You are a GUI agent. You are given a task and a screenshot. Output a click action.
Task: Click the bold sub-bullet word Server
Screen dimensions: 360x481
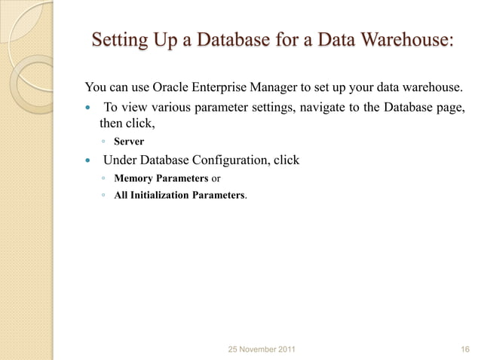(x=129, y=142)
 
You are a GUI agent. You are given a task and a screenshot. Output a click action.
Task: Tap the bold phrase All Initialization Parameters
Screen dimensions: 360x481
(x=179, y=196)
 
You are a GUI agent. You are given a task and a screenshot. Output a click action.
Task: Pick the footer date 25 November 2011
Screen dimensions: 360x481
(x=262, y=349)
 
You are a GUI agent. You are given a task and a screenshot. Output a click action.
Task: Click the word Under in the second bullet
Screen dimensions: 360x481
(x=118, y=160)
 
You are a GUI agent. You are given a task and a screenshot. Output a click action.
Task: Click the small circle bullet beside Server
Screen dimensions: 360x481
(x=103, y=142)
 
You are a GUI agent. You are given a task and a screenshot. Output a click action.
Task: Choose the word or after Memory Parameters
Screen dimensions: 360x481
(x=216, y=178)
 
